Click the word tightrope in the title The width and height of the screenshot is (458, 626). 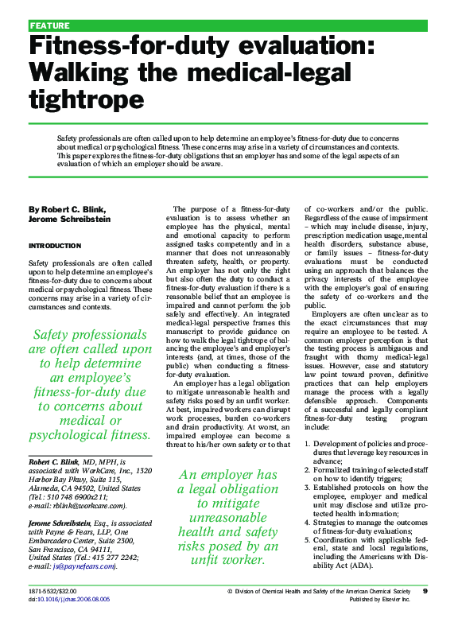pyautogui.click(x=86, y=99)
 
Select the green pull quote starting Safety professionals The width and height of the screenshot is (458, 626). pyautogui.click(x=90, y=385)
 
